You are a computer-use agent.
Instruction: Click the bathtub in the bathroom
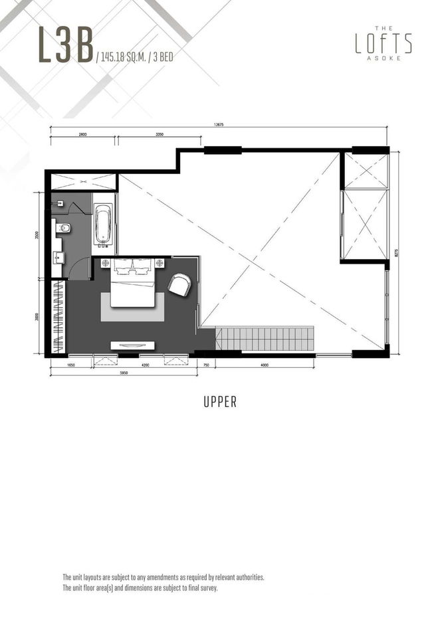[x=103, y=224]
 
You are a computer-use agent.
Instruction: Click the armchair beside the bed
[x=179, y=285]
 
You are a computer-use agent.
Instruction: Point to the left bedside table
[x=106, y=264]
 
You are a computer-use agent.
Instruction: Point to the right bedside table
[x=160, y=264]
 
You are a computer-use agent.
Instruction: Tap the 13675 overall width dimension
[x=219, y=124]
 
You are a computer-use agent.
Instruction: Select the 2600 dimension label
[x=82, y=135]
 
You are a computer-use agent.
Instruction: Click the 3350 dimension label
[x=160, y=135]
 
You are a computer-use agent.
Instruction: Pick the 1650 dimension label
[x=71, y=365]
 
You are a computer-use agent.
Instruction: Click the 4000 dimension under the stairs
[x=265, y=365]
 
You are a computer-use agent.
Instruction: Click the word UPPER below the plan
[x=219, y=402]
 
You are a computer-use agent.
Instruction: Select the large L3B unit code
[x=65, y=45]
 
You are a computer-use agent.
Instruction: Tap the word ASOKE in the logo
[x=384, y=58]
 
